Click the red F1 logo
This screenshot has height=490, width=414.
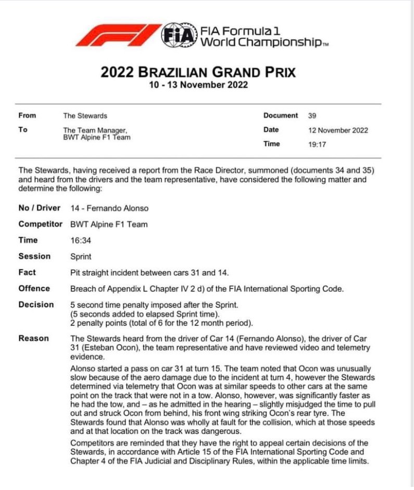119,34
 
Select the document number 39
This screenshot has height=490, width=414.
312,116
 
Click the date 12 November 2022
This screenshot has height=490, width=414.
338,130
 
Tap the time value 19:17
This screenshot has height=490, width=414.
317,144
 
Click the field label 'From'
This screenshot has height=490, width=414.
27,116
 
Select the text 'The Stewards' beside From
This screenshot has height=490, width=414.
85,116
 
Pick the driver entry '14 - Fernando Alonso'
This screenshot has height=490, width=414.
109,208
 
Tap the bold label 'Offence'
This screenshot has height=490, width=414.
34,288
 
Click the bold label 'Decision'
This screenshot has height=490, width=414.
36,304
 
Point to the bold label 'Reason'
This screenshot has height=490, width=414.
33,338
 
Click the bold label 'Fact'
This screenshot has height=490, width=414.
27,272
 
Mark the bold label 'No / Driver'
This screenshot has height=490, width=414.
40,208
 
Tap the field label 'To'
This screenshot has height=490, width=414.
23,130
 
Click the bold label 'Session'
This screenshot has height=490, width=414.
34,256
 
